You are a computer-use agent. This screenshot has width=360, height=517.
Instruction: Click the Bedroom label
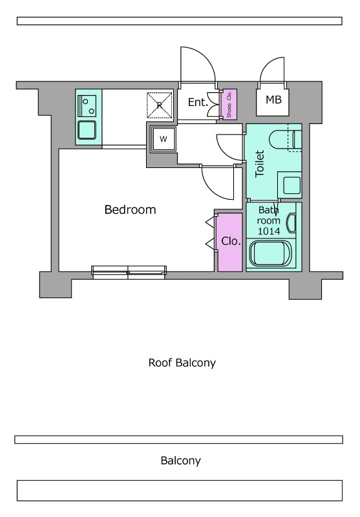[130, 209]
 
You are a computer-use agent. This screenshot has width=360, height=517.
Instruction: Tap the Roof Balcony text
[182, 363]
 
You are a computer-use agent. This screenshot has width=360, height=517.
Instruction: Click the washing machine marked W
[164, 139]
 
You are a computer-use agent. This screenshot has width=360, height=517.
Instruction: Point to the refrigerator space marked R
[160, 105]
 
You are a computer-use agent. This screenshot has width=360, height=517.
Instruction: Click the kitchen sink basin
[87, 131]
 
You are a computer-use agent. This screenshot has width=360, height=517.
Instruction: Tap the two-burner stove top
[87, 105]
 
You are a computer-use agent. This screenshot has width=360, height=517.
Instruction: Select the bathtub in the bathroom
[270, 253]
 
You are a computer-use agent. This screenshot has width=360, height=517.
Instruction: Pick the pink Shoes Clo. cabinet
[228, 104]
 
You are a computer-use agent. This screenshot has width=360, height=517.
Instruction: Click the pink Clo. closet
[230, 242]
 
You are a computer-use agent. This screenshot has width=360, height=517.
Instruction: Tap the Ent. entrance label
[198, 102]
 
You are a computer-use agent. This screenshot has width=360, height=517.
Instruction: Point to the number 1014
[269, 231]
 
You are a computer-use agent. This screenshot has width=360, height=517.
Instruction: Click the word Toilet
[260, 164]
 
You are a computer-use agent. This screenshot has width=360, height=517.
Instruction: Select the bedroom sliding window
[129, 272]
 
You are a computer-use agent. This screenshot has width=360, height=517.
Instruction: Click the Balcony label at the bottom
[181, 461]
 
